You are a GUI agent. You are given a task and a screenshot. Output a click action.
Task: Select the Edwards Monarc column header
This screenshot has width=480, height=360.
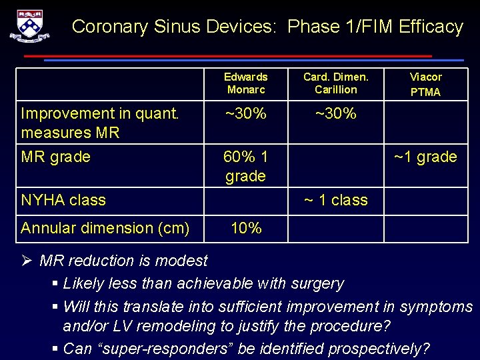(x=245, y=83)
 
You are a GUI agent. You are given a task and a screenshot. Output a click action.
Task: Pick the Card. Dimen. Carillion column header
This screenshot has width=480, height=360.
(x=335, y=83)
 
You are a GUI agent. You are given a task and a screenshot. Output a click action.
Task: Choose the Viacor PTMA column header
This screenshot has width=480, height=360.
(x=425, y=84)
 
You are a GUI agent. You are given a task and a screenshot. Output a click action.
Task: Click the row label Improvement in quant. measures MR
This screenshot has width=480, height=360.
(x=100, y=123)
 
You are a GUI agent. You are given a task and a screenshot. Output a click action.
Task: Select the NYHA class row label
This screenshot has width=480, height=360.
(x=63, y=200)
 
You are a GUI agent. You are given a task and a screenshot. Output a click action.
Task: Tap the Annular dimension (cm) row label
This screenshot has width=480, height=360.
(x=105, y=228)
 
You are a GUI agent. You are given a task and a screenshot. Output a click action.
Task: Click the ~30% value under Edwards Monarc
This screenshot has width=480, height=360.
(x=245, y=114)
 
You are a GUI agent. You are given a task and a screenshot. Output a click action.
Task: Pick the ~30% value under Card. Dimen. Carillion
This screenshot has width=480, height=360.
(x=335, y=114)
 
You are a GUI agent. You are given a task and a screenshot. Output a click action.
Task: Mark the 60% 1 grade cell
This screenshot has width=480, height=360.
(x=245, y=167)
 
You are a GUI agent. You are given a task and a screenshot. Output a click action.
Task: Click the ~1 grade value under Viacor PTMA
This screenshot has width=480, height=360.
(x=425, y=157)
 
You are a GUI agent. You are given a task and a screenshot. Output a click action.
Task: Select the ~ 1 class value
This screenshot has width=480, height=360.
(x=335, y=200)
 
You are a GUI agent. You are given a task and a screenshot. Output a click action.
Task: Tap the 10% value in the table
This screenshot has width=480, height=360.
(x=245, y=228)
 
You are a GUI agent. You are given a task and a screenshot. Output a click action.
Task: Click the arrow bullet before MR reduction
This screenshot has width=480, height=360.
(x=27, y=261)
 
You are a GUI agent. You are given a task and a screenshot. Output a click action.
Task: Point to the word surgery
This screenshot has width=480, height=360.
(x=318, y=283)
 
